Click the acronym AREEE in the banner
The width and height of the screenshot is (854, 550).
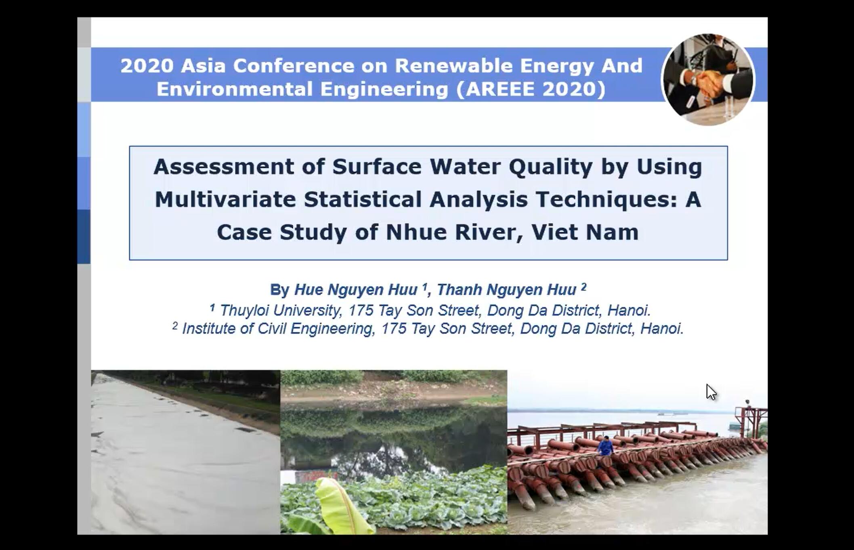coord(499,89)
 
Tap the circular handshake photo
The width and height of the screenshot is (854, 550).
coord(708,79)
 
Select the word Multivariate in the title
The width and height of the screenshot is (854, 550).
coord(225,199)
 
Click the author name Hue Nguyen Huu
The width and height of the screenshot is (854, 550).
coord(356,290)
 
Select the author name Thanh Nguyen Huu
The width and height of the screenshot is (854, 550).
coord(506,290)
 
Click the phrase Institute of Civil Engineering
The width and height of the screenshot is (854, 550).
coord(277,328)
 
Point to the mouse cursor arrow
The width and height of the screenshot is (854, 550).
coord(711,392)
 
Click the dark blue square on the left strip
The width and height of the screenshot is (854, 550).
coord(84,236)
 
